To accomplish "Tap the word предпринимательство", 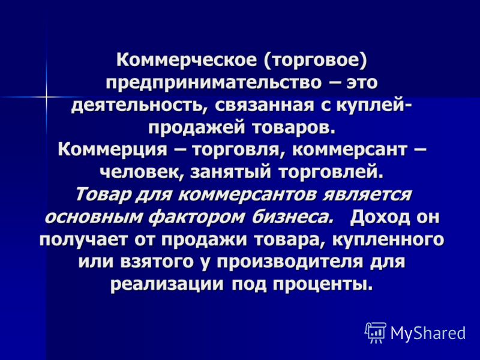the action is click(x=214, y=83).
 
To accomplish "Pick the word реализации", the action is click(x=167, y=284).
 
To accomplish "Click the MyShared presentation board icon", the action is click(x=376, y=333).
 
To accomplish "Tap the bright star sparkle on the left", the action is click(x=47, y=97).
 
